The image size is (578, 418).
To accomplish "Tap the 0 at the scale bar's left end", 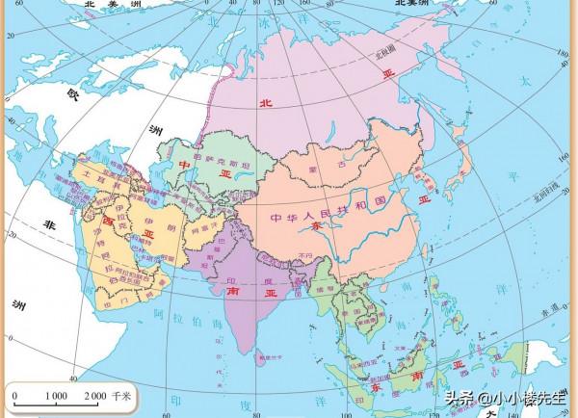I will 14,396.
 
